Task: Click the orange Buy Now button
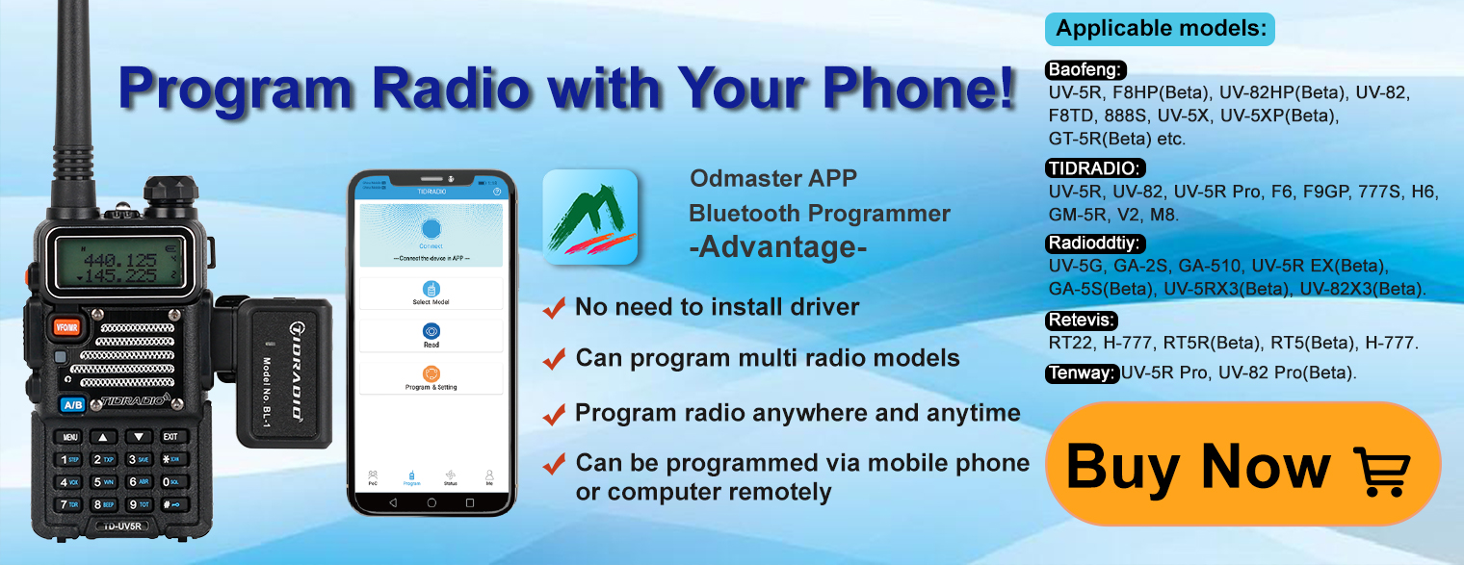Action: point(1242,464)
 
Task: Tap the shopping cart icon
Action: point(1381,470)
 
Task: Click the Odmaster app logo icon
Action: point(590,217)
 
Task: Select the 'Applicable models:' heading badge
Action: point(1160,29)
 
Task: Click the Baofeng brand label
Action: point(1085,69)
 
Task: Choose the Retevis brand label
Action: point(1081,321)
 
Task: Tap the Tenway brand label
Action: point(1082,373)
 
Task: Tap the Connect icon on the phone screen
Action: point(431,229)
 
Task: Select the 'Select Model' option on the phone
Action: point(431,293)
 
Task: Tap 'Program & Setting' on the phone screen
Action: point(431,377)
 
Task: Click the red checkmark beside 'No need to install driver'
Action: point(554,308)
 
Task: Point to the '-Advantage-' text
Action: point(777,247)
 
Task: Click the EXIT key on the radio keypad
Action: point(170,437)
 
